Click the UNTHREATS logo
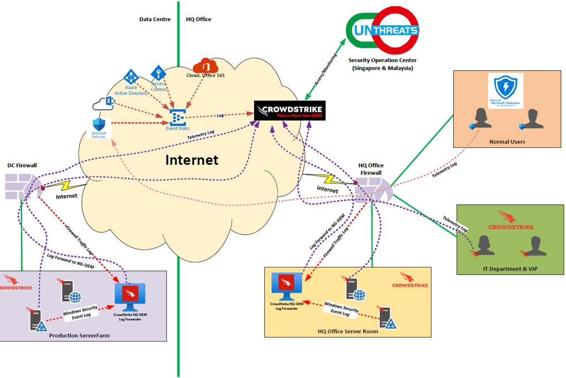point(382,30)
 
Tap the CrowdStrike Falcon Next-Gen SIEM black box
point(290,110)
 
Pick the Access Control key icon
point(158,73)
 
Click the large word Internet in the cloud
point(192,160)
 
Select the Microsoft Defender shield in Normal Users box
point(505,87)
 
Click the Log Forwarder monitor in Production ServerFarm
point(129,298)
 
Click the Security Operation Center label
point(382,60)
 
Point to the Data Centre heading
point(155,19)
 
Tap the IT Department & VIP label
point(510,268)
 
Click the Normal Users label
point(507,142)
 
